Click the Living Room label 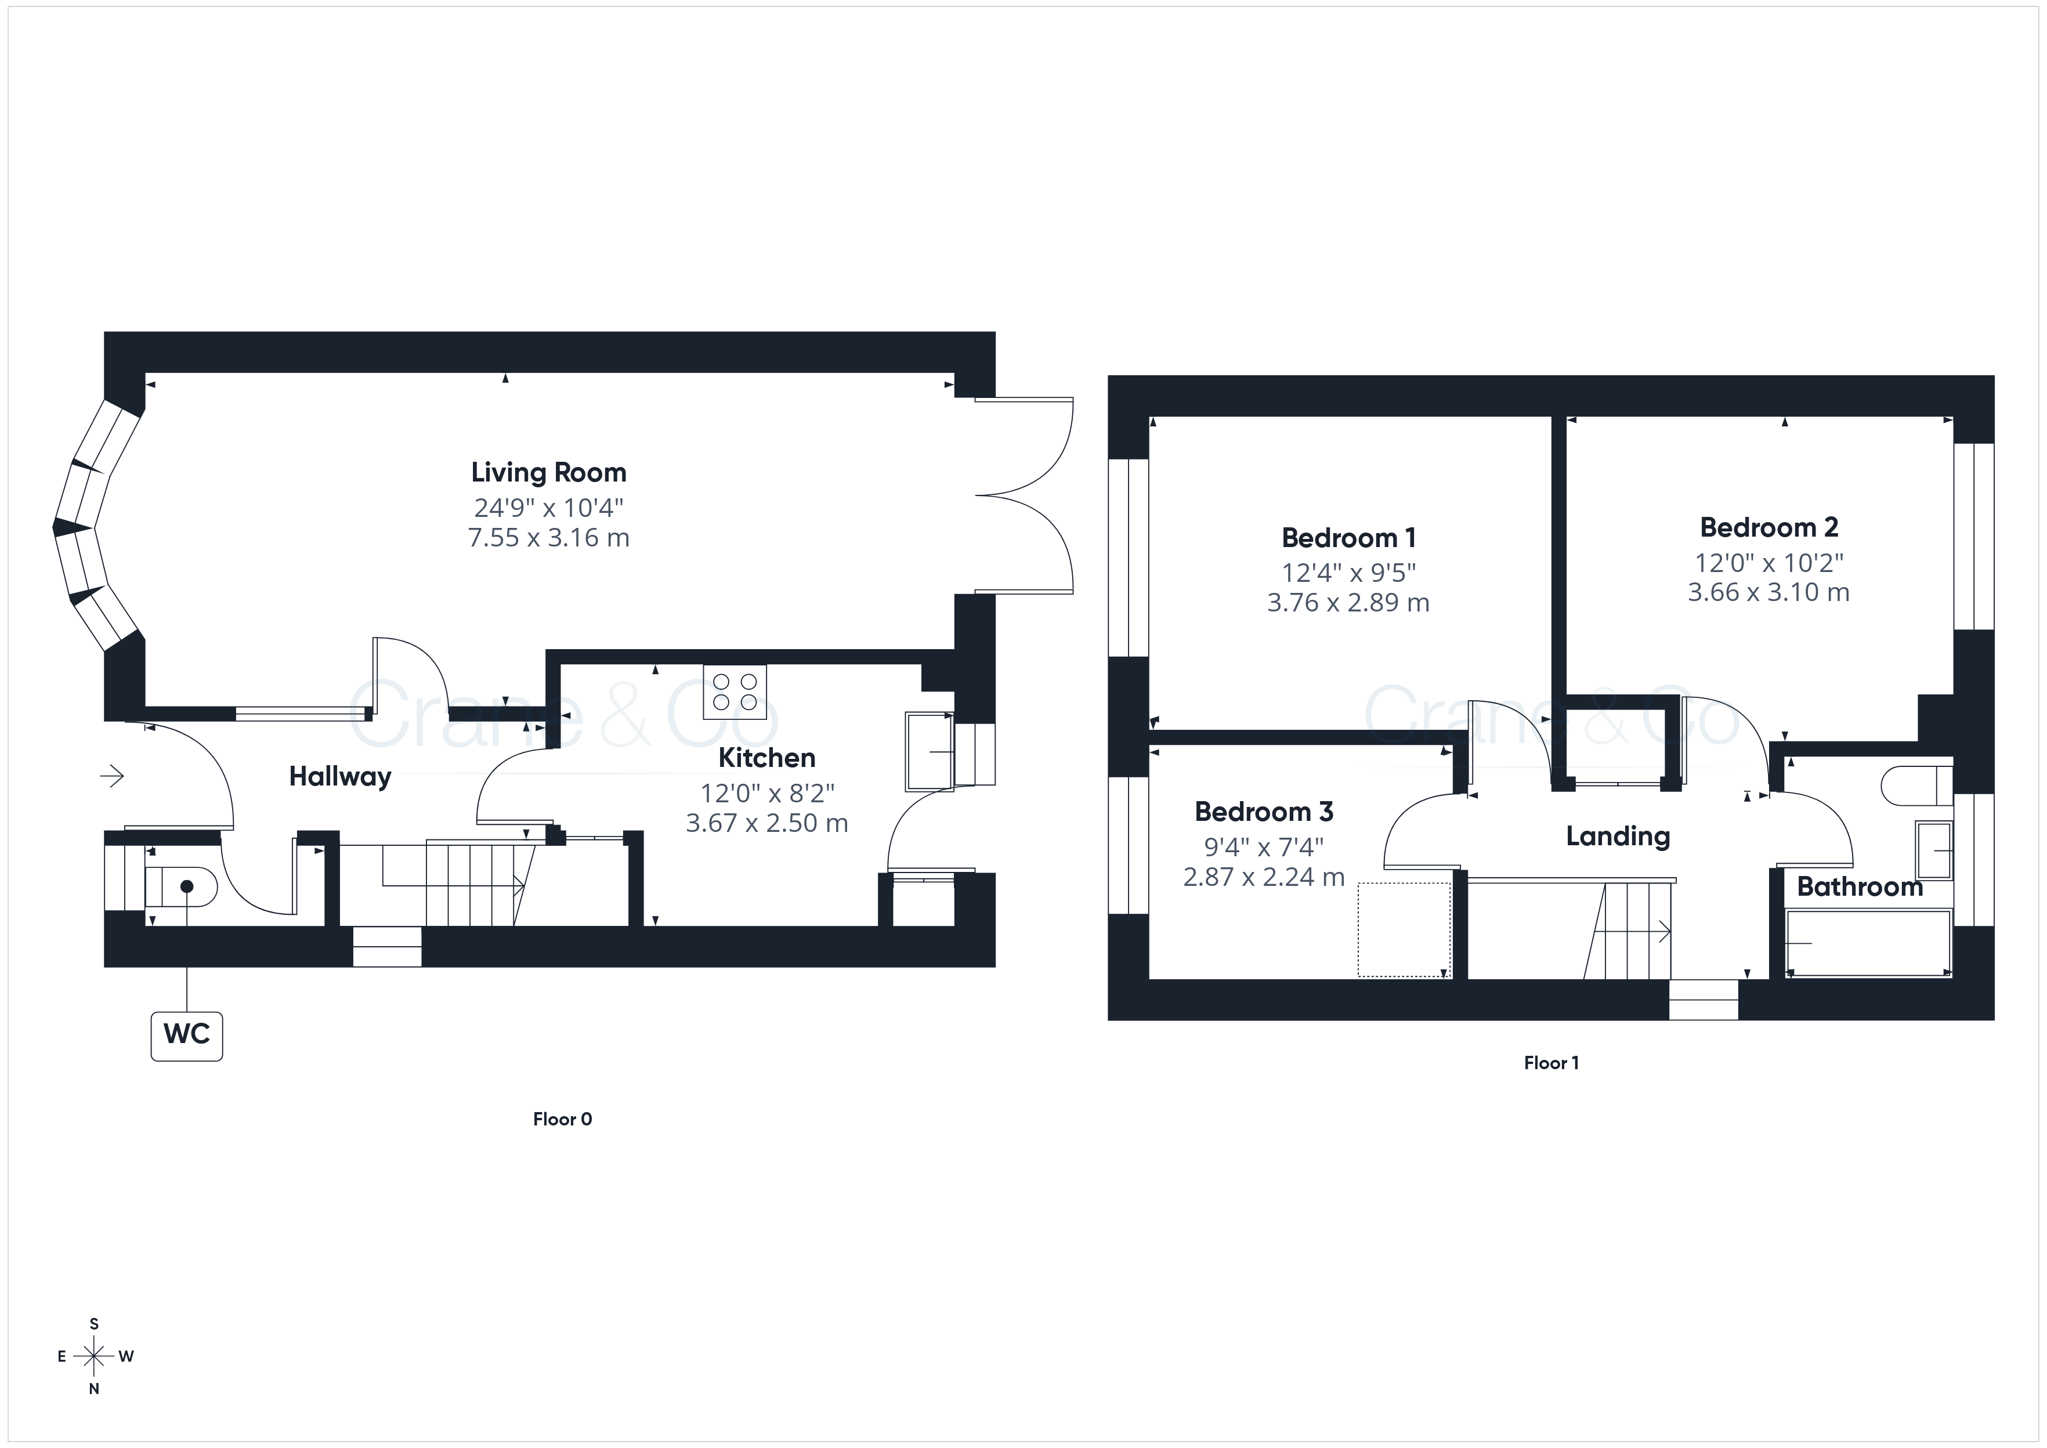point(548,473)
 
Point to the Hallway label point(339,777)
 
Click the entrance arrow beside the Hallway point(111,777)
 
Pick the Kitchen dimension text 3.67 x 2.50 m point(766,823)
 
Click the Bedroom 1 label point(1348,538)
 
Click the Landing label point(1618,837)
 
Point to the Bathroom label point(1860,887)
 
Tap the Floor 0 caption point(563,1119)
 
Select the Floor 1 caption point(1551,1063)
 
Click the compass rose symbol point(93,1356)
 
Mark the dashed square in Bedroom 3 point(1404,929)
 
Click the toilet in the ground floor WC point(181,887)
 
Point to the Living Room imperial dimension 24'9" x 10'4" point(548,508)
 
